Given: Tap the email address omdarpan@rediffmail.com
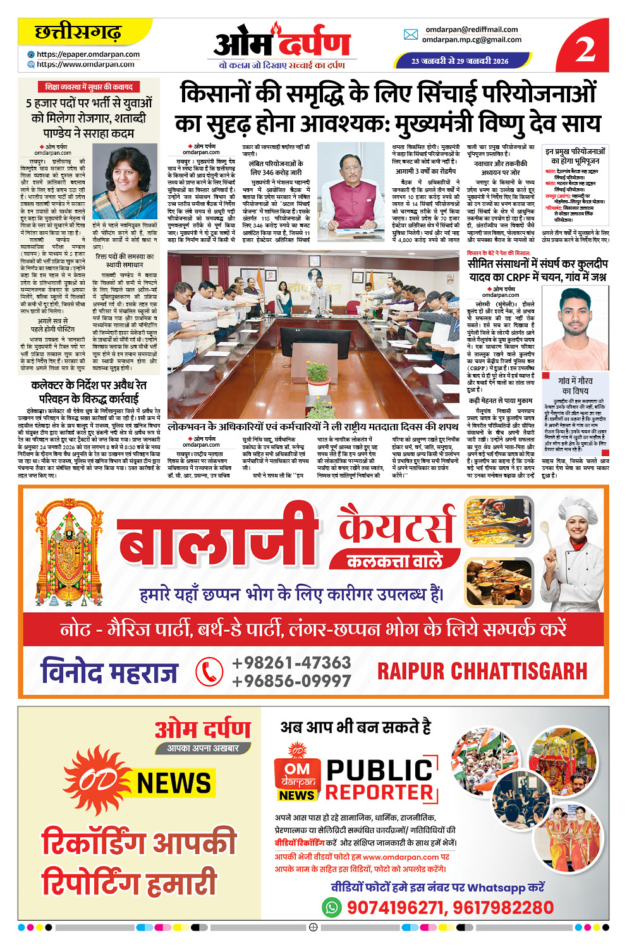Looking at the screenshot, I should [471, 30].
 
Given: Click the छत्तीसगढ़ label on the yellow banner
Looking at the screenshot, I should [78, 32].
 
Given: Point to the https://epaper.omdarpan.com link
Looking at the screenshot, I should [88, 54].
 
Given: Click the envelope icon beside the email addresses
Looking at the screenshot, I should [411, 35].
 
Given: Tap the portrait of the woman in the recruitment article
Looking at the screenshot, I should [125, 181].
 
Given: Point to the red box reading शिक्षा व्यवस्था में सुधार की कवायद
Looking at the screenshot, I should [88, 87].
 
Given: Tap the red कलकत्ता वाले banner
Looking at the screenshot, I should [394, 561].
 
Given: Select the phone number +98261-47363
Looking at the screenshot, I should [291, 663].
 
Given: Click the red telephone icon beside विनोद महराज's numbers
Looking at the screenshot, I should [209, 671].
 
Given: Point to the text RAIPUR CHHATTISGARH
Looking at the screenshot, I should [482, 671].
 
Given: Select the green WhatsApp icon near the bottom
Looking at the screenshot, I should [332, 908].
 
